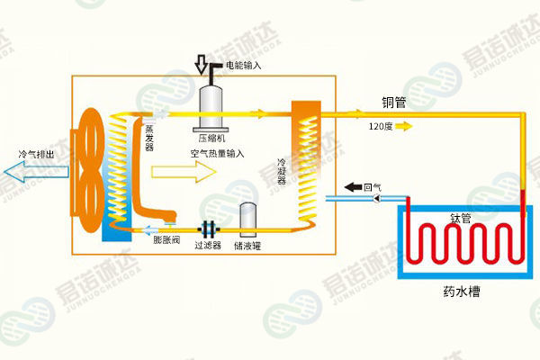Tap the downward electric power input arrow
(202, 66)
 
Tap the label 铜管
(393, 103)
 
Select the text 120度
(381, 126)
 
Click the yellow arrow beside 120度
(404, 126)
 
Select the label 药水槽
(461, 291)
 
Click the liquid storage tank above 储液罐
(248, 217)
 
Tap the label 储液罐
(247, 245)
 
